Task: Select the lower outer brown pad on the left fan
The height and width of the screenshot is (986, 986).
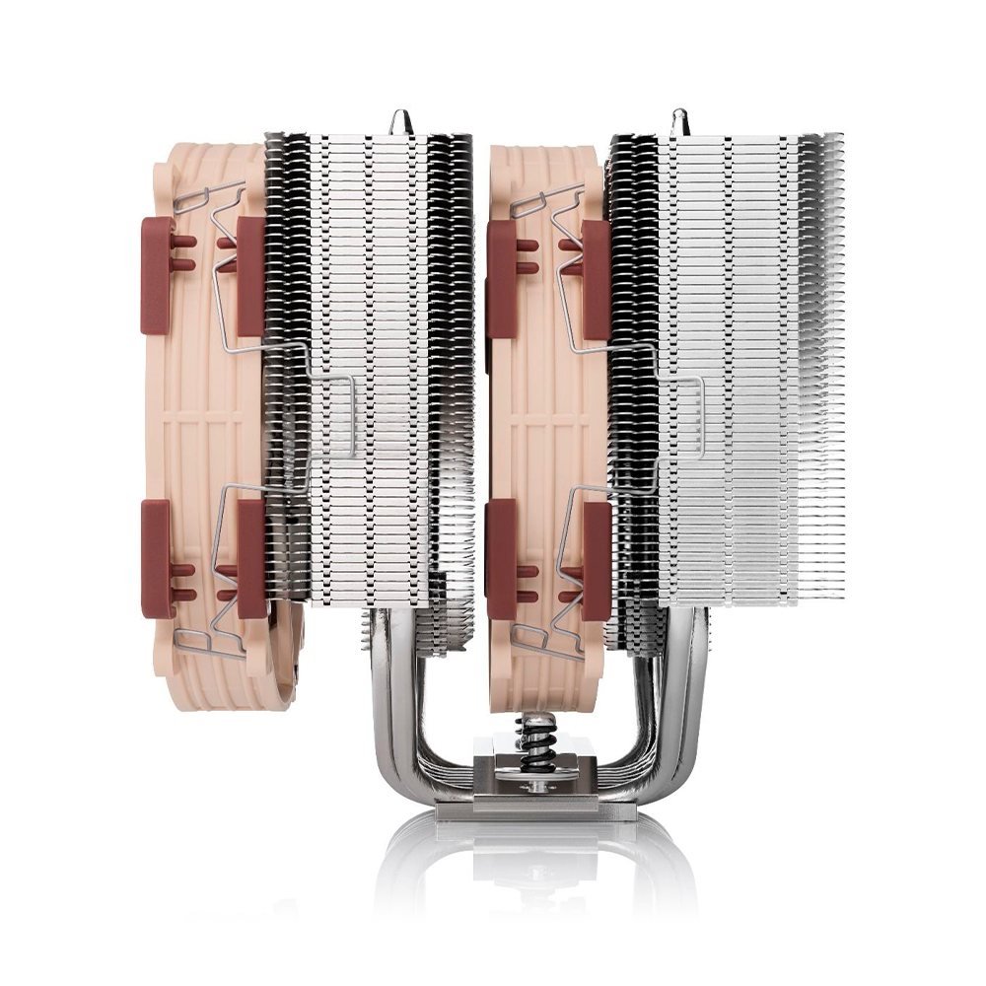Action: tap(158, 558)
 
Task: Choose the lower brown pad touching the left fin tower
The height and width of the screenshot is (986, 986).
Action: tap(250, 558)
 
